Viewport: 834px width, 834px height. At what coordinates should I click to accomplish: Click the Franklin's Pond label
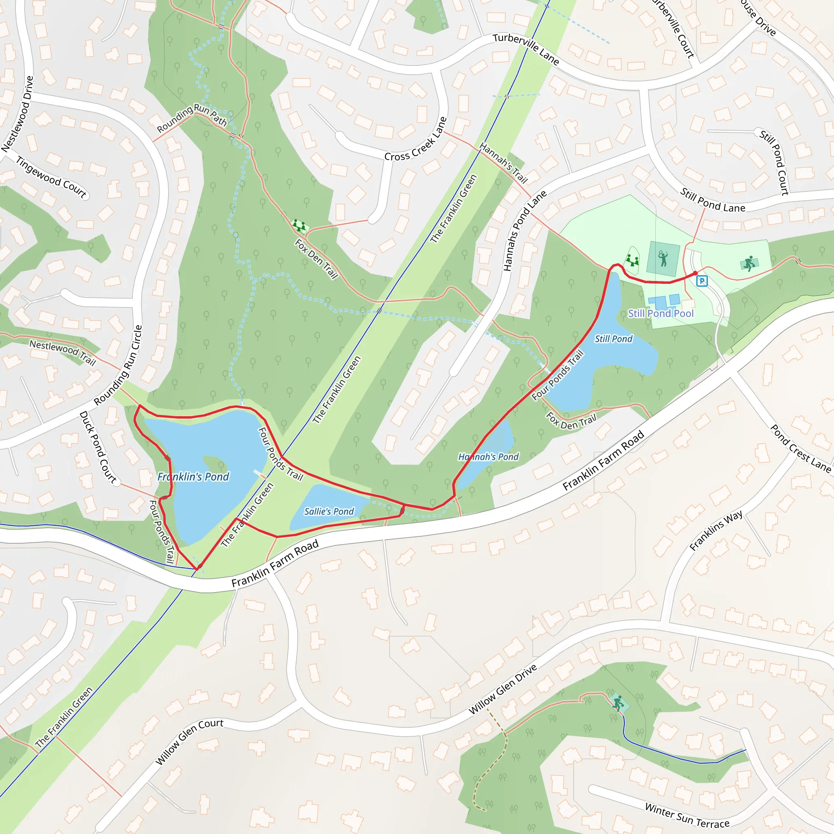193,476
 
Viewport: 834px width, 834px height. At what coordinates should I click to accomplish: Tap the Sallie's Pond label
329,511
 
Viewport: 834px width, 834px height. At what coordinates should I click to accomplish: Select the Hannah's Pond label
488,457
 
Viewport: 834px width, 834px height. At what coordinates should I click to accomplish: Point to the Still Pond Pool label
661,314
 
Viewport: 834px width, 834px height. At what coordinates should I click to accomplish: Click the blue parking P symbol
702,281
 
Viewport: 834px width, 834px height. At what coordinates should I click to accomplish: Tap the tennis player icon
663,259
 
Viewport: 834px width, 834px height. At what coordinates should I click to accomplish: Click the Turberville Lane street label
526,49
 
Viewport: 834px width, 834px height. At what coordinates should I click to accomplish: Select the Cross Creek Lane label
416,139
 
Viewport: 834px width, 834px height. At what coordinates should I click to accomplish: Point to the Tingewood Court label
51,177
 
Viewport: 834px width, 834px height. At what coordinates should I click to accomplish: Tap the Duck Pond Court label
98,447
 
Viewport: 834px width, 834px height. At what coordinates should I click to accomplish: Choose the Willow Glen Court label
189,741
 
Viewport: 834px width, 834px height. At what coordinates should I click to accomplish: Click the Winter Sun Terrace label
687,815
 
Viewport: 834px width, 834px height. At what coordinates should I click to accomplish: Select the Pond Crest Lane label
800,448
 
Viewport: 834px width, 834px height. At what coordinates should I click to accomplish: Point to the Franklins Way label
716,531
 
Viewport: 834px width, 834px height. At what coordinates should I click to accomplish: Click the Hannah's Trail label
503,164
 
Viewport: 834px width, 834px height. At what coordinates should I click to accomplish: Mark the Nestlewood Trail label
63,352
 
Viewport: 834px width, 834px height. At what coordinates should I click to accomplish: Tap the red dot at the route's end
695,273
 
